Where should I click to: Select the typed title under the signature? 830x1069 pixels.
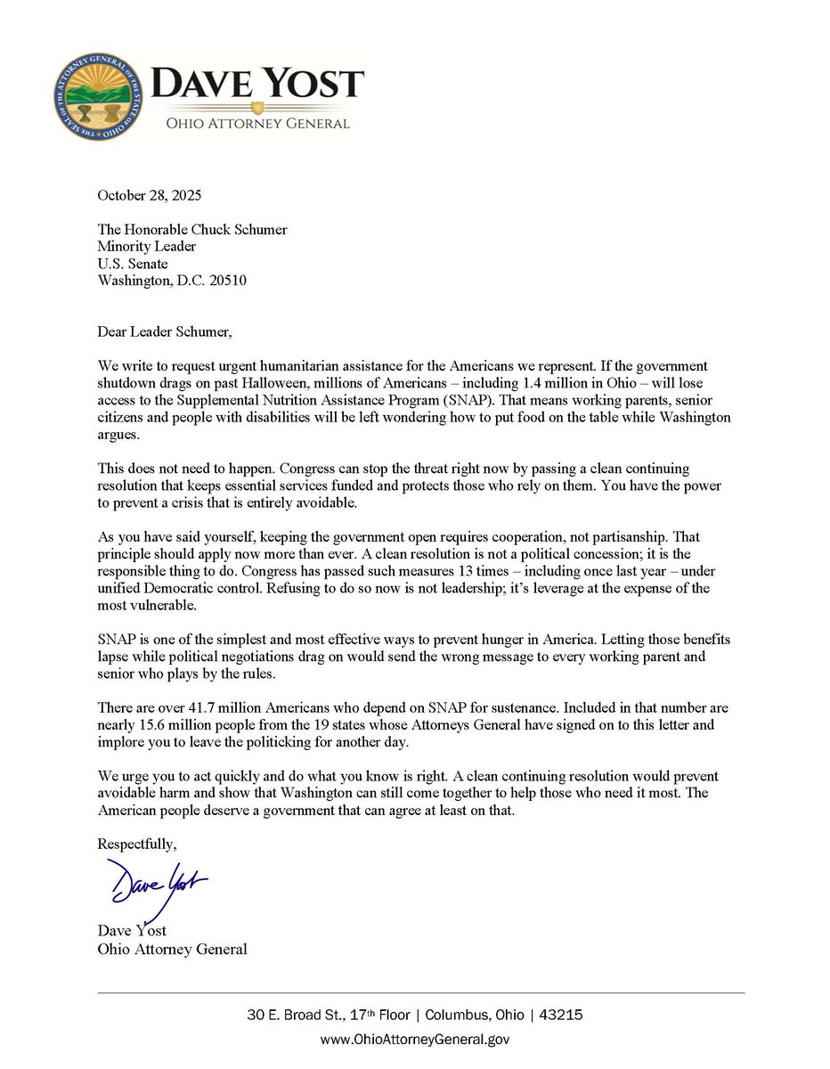172,949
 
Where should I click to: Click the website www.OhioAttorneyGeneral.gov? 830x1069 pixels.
414,1039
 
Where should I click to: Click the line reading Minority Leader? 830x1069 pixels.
147,247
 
